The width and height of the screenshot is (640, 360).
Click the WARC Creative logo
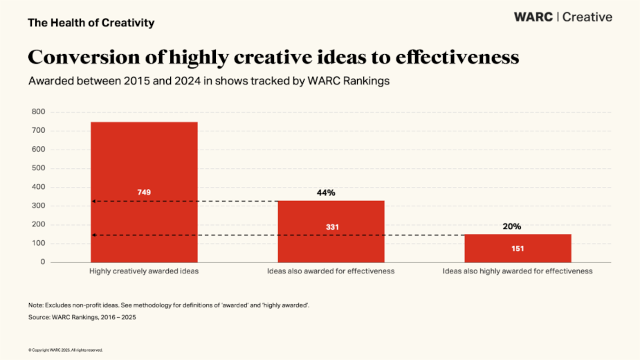pos(563,17)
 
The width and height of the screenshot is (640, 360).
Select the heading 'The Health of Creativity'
pos(91,23)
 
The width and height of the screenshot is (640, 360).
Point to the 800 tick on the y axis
pos(38,112)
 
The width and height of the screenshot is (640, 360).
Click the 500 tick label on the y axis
pos(38,168)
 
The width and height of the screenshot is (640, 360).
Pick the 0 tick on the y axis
pos(43,262)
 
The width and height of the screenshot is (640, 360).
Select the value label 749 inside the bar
pos(144,192)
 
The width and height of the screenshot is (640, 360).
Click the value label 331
pos(331,226)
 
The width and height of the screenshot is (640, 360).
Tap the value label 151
pos(518,249)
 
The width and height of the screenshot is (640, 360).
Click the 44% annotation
pos(326,192)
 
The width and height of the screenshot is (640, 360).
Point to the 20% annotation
pos(512,226)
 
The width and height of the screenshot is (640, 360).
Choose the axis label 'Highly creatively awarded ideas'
pos(144,271)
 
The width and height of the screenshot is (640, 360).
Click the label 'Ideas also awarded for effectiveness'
pos(331,271)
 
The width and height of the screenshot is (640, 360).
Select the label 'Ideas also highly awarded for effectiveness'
pos(518,271)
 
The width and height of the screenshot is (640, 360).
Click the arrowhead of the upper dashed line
pos(94,201)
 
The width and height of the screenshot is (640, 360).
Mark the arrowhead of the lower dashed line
pos(94,235)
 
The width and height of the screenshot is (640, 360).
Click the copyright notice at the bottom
pos(65,350)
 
